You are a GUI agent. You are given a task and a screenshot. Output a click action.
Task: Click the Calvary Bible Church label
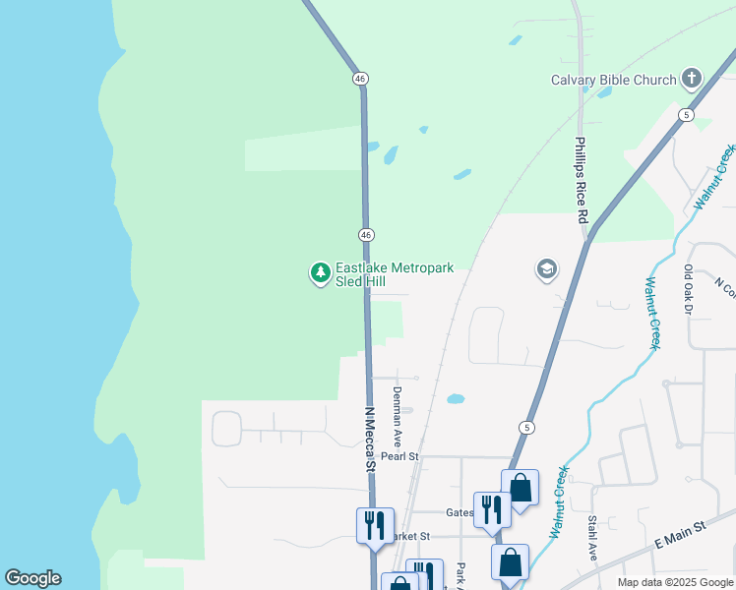tap(613, 80)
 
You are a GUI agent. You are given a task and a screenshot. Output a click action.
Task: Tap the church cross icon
tap(692, 79)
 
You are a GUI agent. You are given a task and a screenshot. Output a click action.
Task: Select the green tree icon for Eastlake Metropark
tap(320, 272)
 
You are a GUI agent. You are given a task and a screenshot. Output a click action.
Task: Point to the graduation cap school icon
tap(547, 268)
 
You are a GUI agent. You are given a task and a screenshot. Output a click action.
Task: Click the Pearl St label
tap(400, 456)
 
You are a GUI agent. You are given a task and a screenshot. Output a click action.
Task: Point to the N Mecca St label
tap(370, 441)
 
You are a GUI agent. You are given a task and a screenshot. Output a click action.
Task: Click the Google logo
tap(32, 578)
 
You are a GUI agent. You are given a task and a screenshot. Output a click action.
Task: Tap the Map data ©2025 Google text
tap(675, 582)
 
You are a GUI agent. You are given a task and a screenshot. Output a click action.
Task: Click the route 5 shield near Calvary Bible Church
tap(685, 115)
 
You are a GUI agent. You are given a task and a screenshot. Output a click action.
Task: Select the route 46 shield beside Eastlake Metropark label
tap(365, 234)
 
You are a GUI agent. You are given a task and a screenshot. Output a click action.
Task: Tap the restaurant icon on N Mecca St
tap(375, 524)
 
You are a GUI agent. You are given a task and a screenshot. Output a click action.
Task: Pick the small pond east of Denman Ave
tap(455, 399)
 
